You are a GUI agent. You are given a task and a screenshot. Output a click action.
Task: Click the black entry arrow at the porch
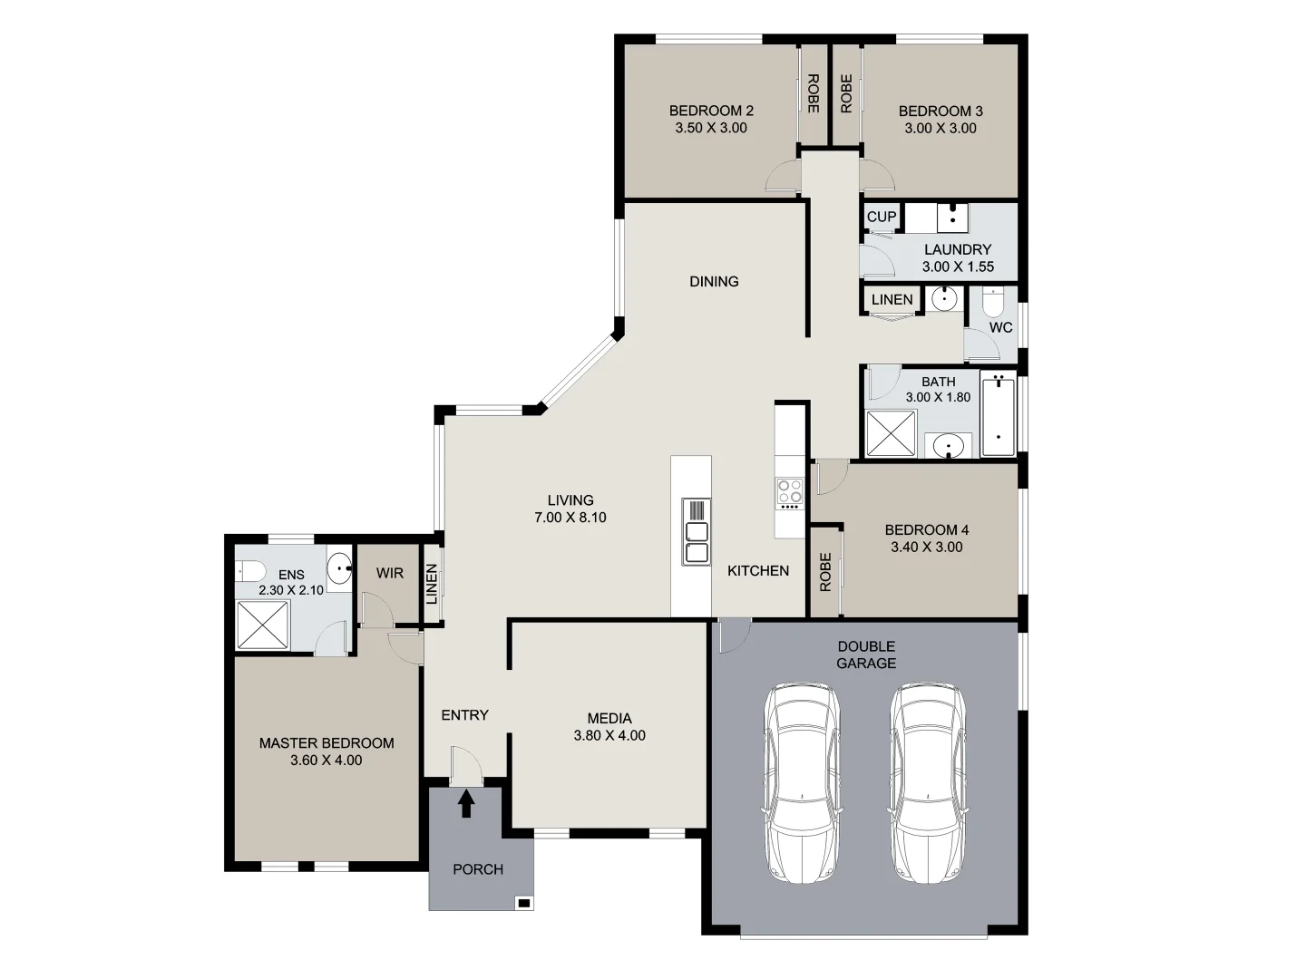click(x=466, y=803)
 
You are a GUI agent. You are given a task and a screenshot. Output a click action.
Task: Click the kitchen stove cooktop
click(x=789, y=491)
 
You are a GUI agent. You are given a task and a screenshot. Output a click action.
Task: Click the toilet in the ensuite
click(x=249, y=570)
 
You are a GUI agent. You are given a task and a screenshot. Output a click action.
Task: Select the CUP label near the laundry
click(x=881, y=217)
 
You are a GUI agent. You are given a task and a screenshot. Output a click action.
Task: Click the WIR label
click(x=390, y=573)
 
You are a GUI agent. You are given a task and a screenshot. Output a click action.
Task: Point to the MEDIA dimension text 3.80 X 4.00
click(x=609, y=735)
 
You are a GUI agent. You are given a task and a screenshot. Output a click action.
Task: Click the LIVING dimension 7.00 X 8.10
click(x=570, y=518)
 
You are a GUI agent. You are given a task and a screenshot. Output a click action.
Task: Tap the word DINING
click(x=714, y=281)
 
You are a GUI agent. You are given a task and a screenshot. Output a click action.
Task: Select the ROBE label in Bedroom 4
click(x=825, y=573)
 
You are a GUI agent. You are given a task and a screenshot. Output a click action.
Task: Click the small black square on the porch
click(x=523, y=902)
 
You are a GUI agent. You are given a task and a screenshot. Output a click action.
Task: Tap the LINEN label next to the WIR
click(x=433, y=584)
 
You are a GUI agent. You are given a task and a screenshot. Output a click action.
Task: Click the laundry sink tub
click(x=952, y=218)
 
